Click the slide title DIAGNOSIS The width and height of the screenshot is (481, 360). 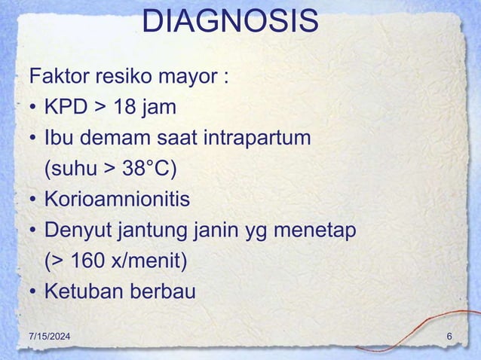[230, 23]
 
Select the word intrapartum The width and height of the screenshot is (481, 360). [254, 139]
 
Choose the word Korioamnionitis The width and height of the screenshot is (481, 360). [117, 200]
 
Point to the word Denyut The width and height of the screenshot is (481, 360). [78, 230]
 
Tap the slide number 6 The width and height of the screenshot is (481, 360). [449, 335]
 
